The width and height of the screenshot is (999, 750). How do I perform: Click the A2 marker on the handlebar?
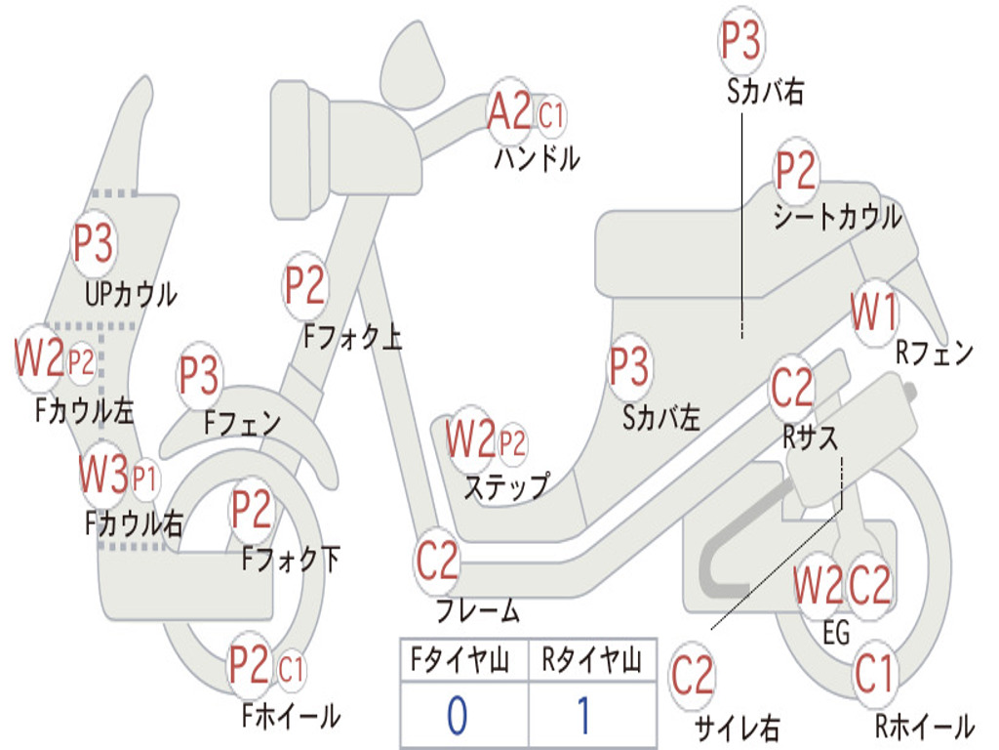point(508,111)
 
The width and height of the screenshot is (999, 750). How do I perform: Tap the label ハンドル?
point(538,158)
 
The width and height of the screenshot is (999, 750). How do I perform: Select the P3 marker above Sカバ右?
point(740,40)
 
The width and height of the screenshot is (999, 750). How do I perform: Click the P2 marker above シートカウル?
point(795,170)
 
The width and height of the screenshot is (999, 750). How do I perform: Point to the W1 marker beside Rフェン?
point(873,312)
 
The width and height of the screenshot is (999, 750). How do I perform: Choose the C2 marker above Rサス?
point(792,387)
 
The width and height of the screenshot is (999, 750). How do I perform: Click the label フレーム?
point(477,610)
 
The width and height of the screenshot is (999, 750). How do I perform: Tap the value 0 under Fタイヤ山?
point(458,715)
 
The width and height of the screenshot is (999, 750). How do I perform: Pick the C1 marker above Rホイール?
point(874,674)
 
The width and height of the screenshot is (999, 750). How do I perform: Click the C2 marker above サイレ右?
point(692,676)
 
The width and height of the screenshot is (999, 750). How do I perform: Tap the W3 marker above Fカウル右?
point(103,474)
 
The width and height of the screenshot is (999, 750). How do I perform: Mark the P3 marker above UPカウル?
point(93,243)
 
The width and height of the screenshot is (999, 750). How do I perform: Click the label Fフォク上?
point(352,337)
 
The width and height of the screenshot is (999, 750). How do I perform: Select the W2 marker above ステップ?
point(470,438)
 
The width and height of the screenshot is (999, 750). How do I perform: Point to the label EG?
point(836,633)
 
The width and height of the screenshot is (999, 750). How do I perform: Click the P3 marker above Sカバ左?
point(629,366)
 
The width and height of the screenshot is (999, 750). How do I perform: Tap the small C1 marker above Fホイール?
point(291,670)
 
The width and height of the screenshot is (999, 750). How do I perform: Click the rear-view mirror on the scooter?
point(413,63)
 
